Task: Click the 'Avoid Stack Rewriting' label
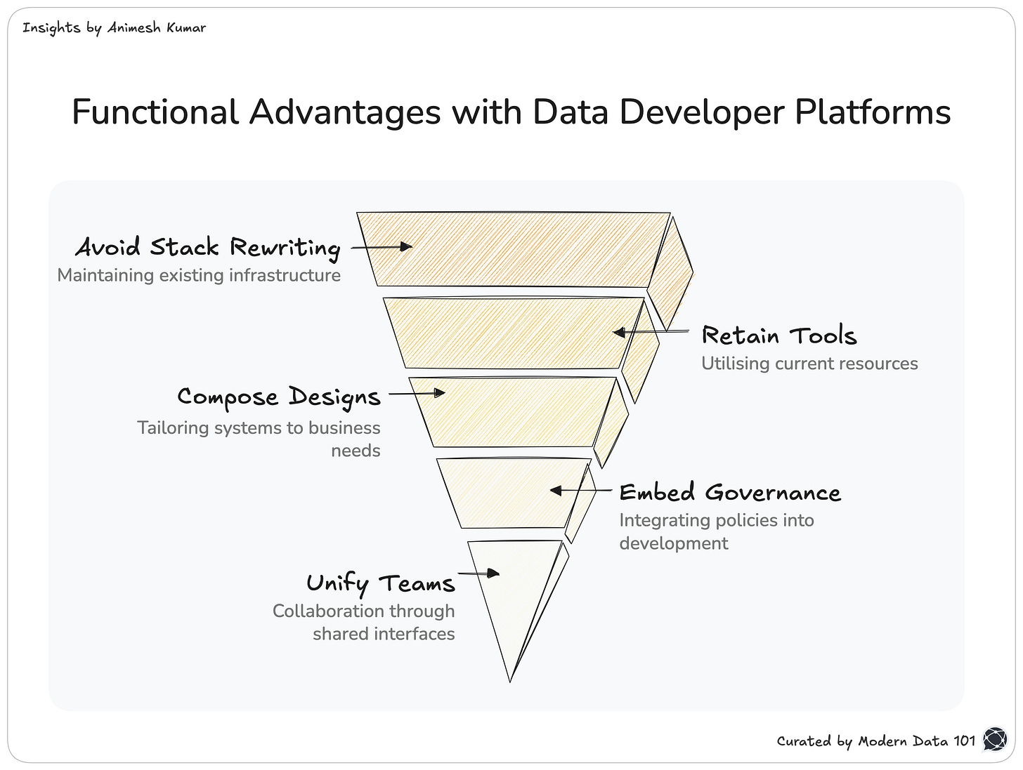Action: coord(208,247)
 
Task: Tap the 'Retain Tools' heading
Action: coord(779,336)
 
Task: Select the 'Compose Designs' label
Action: coord(279,397)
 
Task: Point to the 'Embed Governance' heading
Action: coord(730,493)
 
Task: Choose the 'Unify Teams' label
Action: coord(381,583)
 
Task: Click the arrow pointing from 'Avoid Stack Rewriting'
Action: coord(382,247)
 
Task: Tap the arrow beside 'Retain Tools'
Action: coord(651,332)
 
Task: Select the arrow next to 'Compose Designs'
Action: coord(417,393)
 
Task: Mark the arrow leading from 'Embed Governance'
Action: coord(580,491)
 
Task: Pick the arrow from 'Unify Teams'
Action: coord(479,573)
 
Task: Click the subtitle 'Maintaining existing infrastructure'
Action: coord(199,275)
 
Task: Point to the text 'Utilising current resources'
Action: coord(809,364)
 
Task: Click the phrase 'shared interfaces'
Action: coord(384,634)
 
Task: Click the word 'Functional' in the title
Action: coord(155,112)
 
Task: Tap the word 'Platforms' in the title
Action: coord(873,112)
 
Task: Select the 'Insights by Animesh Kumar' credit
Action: coord(114,28)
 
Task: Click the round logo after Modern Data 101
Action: coord(995,739)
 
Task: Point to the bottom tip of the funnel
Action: coord(510,679)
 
